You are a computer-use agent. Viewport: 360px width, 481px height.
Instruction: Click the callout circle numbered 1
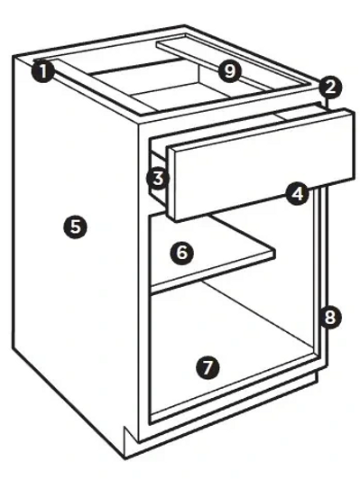click(x=43, y=71)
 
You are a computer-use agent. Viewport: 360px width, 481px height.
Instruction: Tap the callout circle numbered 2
click(x=330, y=88)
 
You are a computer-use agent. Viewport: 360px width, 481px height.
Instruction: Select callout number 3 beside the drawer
click(x=158, y=179)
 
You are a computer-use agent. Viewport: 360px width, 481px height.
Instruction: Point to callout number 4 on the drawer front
click(x=298, y=194)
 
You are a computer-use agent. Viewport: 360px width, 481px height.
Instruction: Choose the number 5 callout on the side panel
click(x=75, y=227)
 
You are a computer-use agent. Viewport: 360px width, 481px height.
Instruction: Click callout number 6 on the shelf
click(x=182, y=253)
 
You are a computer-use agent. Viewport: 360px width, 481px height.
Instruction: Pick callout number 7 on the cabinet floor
click(x=208, y=367)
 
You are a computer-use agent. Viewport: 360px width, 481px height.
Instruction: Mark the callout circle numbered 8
click(x=330, y=317)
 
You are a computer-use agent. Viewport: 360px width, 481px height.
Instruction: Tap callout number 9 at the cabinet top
click(x=230, y=71)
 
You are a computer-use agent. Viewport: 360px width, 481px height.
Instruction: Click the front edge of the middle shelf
click(x=213, y=273)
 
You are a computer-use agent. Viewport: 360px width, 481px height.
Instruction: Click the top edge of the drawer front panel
click(x=261, y=129)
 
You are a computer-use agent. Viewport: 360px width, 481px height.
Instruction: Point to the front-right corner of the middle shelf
click(x=274, y=254)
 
